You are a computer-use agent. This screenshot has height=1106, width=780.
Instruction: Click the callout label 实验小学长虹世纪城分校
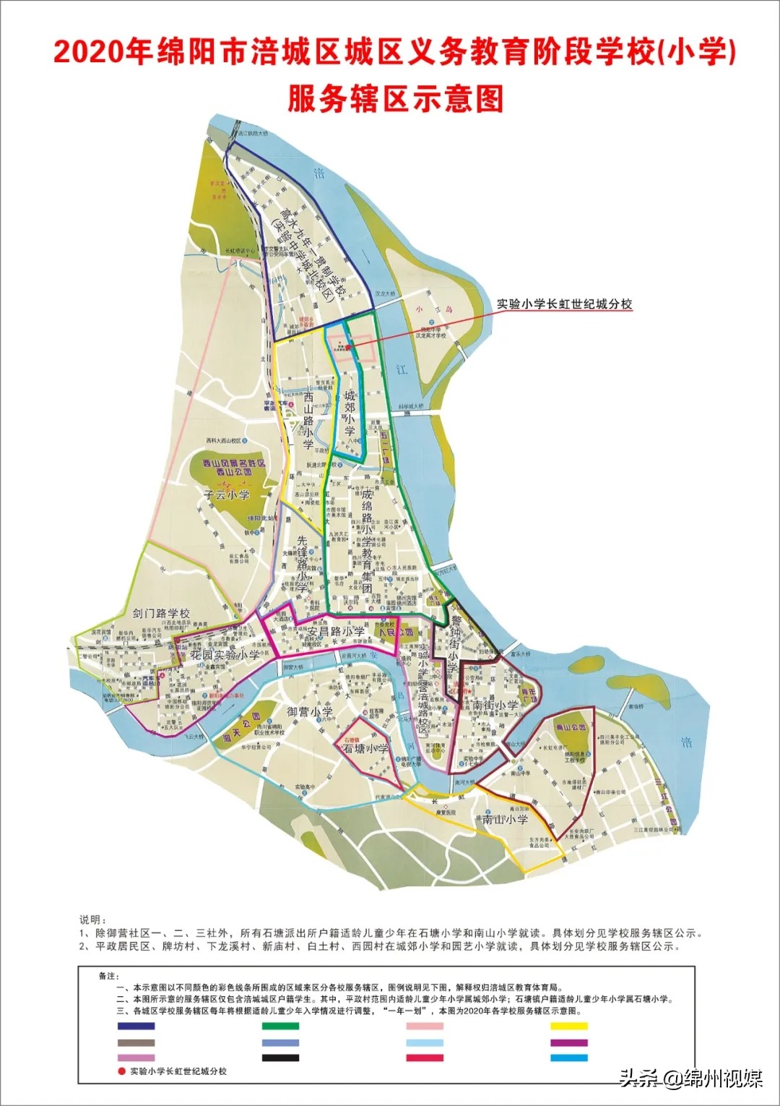click(x=564, y=304)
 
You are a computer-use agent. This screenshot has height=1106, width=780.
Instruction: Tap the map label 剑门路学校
click(x=161, y=613)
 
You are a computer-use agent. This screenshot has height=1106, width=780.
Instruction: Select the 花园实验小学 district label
click(x=225, y=654)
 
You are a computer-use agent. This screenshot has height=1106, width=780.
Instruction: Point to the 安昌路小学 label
click(x=336, y=631)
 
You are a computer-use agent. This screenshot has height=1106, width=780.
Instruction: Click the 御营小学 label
click(x=310, y=711)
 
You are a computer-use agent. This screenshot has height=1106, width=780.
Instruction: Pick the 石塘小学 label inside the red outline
click(x=365, y=749)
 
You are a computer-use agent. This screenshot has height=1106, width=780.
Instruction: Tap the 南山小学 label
click(x=505, y=819)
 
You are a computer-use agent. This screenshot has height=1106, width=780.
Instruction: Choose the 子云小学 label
click(x=226, y=495)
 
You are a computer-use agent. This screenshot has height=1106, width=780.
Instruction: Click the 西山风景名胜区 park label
click(x=233, y=463)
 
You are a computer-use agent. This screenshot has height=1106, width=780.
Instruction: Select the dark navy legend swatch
click(x=136, y=1026)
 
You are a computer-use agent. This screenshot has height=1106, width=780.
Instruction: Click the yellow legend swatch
click(x=569, y=1026)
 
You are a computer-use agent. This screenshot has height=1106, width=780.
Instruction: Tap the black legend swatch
click(x=280, y=1058)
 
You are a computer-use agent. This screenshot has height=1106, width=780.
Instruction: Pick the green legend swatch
click(x=280, y=1026)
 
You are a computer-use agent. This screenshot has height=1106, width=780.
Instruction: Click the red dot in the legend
click(x=121, y=1071)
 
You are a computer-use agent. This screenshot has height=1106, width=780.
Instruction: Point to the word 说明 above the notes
click(x=92, y=919)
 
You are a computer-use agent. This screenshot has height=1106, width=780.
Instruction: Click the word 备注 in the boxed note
click(x=108, y=976)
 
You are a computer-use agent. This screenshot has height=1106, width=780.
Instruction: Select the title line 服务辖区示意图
click(x=395, y=98)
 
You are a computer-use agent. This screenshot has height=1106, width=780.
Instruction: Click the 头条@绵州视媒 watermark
click(x=690, y=1079)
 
